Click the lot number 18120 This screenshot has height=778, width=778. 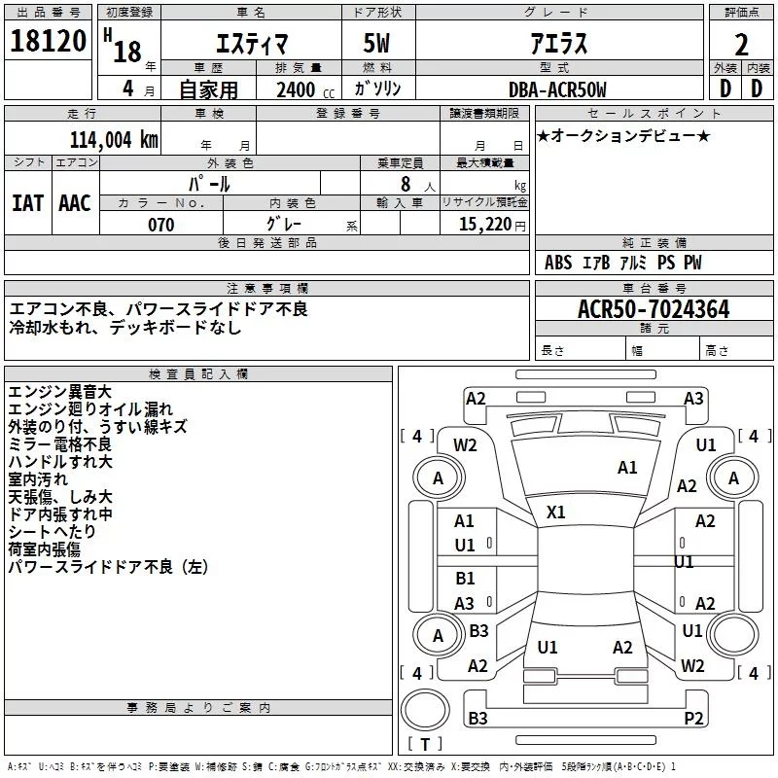click(x=48, y=41)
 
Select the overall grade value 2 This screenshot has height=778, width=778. click(x=741, y=45)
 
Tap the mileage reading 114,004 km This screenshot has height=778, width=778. click(x=114, y=139)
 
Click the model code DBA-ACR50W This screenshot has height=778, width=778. click(x=557, y=89)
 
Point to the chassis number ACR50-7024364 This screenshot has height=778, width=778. click(x=654, y=309)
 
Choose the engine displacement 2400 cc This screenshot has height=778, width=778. click(x=305, y=89)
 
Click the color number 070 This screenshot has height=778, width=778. click(x=161, y=225)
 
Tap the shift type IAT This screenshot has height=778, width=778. click(x=28, y=203)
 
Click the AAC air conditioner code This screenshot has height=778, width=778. click(x=75, y=203)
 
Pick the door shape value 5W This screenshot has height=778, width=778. click(x=376, y=43)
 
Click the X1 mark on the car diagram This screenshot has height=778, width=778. click(x=555, y=513)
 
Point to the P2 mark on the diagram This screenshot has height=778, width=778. click(x=693, y=718)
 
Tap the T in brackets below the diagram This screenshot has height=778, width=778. click(x=425, y=744)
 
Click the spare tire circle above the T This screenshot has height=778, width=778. click(x=425, y=711)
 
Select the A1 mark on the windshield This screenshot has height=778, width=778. click(x=627, y=468)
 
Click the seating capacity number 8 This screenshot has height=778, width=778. click(x=406, y=184)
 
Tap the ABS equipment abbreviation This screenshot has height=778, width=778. click(x=558, y=262)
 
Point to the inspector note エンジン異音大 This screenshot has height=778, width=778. click(x=60, y=392)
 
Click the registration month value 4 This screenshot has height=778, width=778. click(x=128, y=88)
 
